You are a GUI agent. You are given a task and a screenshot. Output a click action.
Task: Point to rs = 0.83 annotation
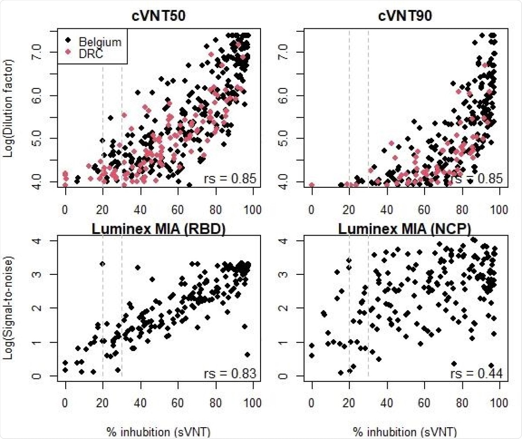231,373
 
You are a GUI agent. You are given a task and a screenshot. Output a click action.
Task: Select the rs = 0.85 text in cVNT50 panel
231,179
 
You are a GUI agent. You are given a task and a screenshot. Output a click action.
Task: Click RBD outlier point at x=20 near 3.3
102,264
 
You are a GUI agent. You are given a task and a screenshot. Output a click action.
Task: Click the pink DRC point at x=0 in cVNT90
311,185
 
